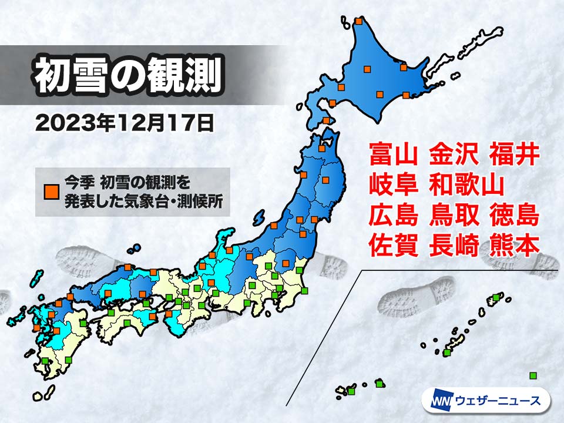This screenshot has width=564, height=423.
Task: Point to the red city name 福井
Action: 513,155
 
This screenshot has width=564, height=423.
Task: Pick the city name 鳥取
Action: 453,216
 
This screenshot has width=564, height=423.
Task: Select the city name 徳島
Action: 513,216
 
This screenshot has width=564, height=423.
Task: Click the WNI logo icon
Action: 439,401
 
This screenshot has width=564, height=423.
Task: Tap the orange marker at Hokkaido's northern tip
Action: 359,22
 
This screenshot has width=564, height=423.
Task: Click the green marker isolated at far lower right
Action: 533,375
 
